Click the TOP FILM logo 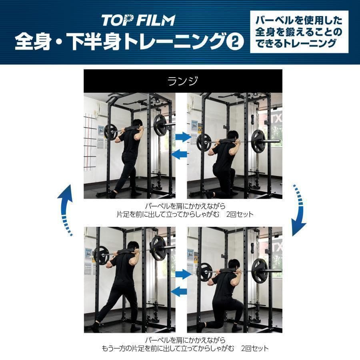point(138,20)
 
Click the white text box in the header point(299,32)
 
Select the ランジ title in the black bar point(183,81)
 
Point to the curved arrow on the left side point(66,210)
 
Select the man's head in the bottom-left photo point(133,246)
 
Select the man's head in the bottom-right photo point(234,264)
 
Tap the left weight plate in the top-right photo point(204,142)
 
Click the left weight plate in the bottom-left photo point(101,255)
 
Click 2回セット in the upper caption point(239,214)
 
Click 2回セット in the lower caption point(254,348)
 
